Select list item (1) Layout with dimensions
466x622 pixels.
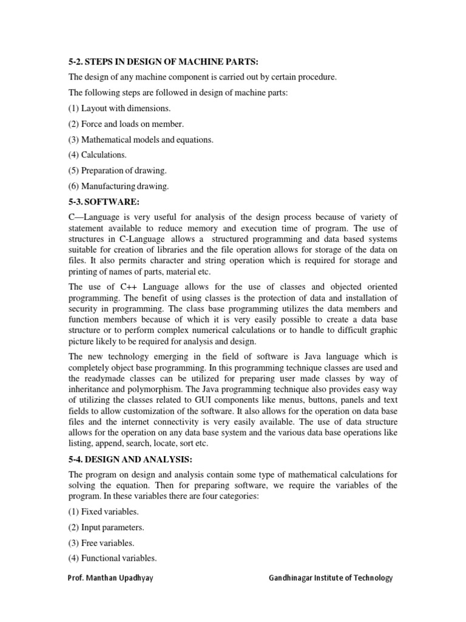point(120,108)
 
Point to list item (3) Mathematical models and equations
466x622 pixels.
point(141,140)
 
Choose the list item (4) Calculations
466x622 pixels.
point(97,155)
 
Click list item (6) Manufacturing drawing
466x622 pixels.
point(119,186)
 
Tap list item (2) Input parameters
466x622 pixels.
point(106,527)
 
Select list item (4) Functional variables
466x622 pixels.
point(112,558)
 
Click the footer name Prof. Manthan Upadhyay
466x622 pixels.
point(110,578)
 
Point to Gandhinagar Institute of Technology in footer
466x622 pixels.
point(331,578)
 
